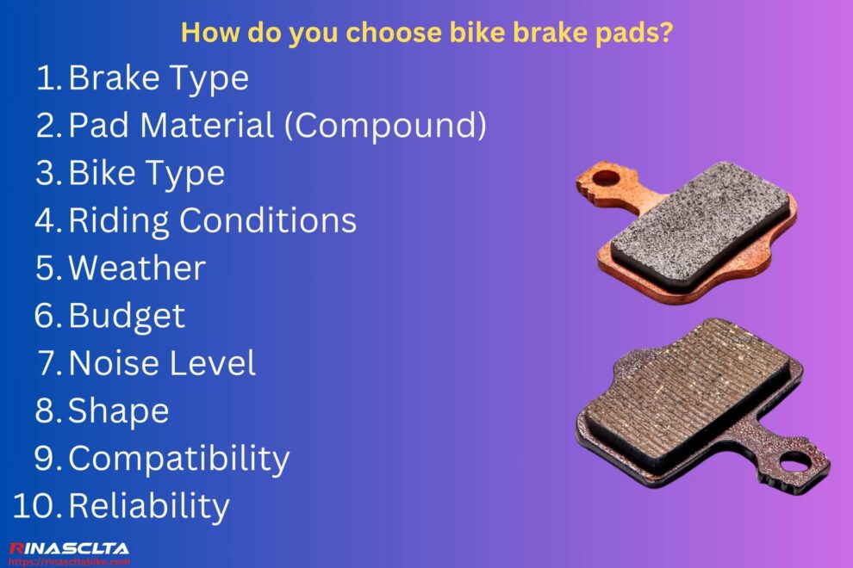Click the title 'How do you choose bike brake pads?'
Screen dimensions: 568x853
point(426,34)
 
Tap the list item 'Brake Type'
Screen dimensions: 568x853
point(158,78)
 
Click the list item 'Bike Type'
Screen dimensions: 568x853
point(146,173)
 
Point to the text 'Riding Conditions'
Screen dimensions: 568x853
point(212,220)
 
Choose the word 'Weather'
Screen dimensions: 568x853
point(136,268)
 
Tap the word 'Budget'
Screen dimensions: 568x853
point(126,315)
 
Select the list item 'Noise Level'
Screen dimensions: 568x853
point(162,362)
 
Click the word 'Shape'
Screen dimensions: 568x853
point(118,410)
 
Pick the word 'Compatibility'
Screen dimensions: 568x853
point(178,458)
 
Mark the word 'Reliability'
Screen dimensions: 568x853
point(148,505)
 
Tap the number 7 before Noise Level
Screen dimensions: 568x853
point(48,362)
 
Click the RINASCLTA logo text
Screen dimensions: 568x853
point(69,548)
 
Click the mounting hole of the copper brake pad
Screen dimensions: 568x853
point(607,178)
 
